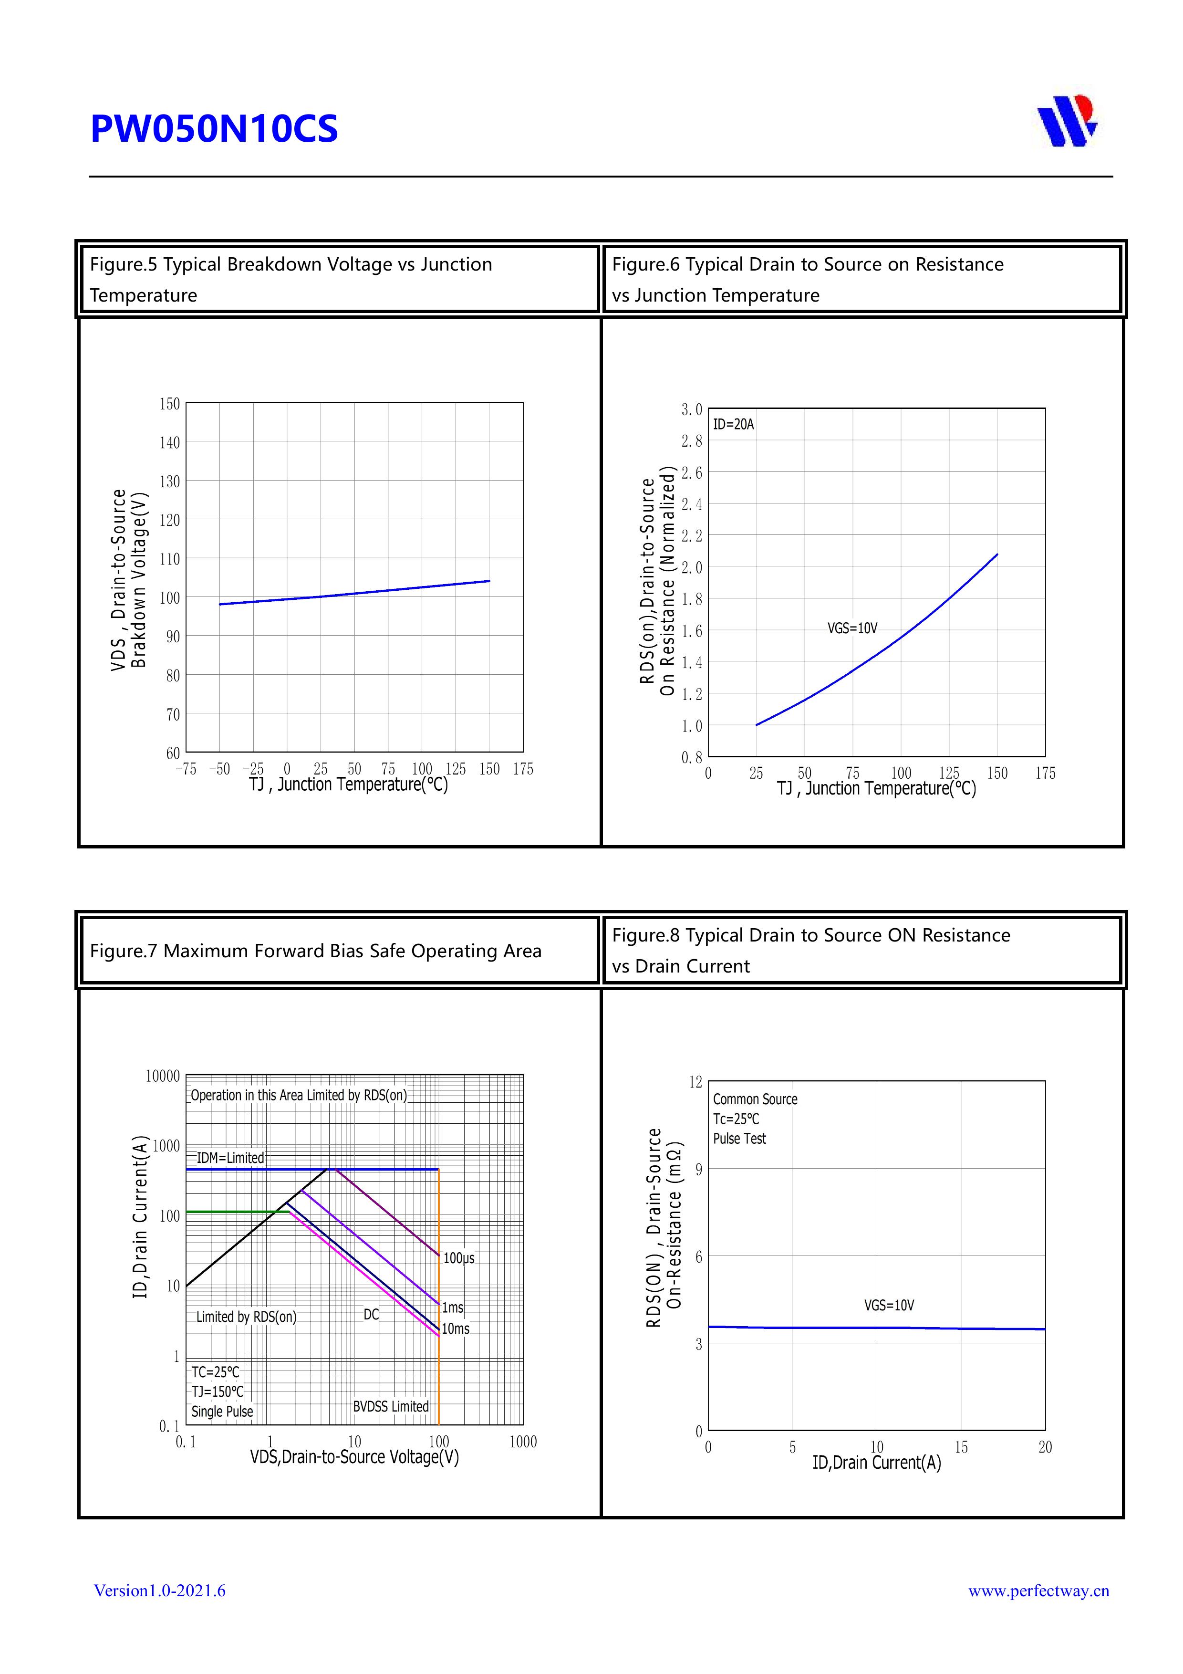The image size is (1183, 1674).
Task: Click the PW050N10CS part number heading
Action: (214, 129)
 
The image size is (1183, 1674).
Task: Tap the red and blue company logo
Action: (1067, 121)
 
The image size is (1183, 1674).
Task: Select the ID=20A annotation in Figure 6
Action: (733, 424)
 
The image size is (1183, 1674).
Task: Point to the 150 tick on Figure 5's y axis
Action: (170, 404)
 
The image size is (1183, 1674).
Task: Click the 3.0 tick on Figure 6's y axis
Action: (692, 410)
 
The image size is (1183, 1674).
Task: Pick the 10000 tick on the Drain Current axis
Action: (163, 1076)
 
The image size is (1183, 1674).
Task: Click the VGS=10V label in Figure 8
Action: (889, 1305)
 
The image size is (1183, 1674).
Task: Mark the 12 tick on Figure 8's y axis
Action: (696, 1082)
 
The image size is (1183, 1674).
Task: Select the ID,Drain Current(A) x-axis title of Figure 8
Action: (876, 1463)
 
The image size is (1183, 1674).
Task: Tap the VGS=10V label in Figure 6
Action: (852, 628)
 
